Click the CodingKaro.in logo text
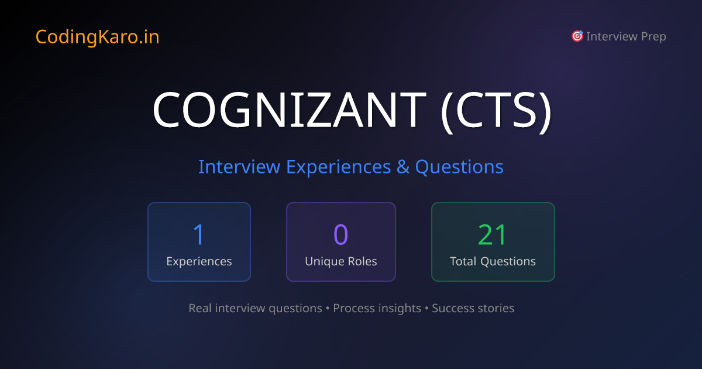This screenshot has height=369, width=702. (x=97, y=37)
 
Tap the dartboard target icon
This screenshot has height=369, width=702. (x=577, y=36)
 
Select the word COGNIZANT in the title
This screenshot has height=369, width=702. (x=289, y=110)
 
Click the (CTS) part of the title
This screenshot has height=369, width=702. (x=495, y=110)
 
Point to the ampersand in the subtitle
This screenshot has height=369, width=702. (x=403, y=167)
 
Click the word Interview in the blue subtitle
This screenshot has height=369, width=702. (x=239, y=167)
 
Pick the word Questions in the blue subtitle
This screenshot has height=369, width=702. (x=459, y=167)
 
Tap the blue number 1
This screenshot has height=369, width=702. (x=199, y=234)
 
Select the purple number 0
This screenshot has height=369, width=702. (x=340, y=234)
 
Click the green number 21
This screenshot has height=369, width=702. (x=493, y=234)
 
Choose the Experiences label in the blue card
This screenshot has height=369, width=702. (x=199, y=261)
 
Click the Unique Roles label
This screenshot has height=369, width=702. (x=340, y=261)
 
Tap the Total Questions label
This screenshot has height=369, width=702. (x=493, y=261)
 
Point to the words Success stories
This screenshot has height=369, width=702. (x=473, y=308)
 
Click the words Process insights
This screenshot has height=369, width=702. (x=377, y=308)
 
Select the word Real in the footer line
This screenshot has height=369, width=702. (x=200, y=308)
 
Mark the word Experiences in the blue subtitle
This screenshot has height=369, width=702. (x=338, y=167)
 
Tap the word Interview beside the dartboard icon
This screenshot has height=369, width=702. (x=612, y=37)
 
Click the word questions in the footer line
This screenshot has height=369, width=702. (x=295, y=308)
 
